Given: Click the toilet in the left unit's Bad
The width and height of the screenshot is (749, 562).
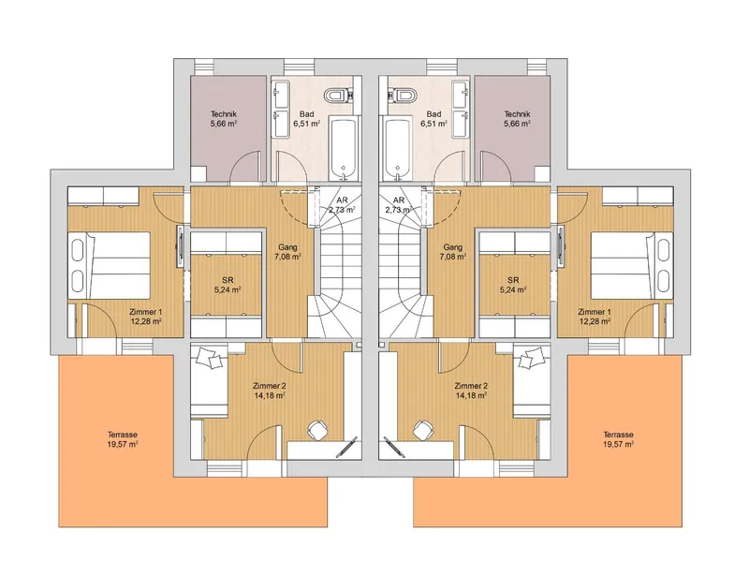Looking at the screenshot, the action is tap(338, 96).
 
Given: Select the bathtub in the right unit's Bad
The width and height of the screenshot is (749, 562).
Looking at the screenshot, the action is tap(398, 149).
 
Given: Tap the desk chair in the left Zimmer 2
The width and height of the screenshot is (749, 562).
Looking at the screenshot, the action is tap(316, 430).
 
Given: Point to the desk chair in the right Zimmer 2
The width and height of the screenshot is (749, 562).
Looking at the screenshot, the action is tap(422, 430).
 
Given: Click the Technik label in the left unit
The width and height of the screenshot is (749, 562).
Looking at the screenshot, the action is tap(224, 114).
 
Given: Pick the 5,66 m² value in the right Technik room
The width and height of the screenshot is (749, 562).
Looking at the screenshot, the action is tap(518, 124).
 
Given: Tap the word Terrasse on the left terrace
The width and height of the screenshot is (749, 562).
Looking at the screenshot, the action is tap(123, 435).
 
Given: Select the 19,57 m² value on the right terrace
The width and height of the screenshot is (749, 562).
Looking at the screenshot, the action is tap(618, 444).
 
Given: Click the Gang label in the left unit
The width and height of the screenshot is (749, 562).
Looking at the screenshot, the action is tap(287, 247).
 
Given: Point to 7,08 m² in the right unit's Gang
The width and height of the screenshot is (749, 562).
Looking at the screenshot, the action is tap(453, 257).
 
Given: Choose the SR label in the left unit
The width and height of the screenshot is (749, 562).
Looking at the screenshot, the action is tap(228, 280).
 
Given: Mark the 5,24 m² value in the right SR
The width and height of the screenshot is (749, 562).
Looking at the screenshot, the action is tap(513, 289).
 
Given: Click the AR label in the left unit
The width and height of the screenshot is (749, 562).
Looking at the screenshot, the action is tap(342, 200).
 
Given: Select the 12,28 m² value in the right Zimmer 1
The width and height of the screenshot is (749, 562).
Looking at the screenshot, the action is tap(595, 321).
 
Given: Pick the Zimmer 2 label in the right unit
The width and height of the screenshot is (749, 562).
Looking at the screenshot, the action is tap(471, 386).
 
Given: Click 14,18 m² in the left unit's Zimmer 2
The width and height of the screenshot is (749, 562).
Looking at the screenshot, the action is tap(270, 395).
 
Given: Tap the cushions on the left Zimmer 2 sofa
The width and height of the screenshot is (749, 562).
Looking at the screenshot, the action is tap(209, 357).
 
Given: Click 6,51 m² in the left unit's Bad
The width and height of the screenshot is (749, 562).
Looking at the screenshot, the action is tap(307, 124).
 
